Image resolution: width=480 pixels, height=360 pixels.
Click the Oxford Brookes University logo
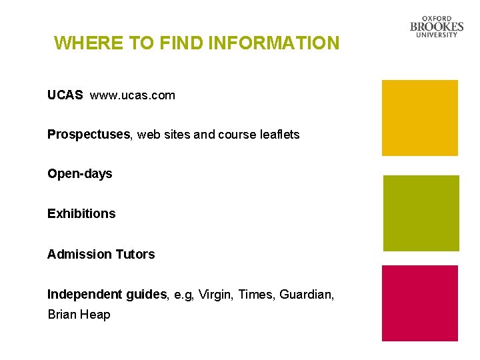coord(437,27)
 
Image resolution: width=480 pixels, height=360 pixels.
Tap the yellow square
coord(419,118)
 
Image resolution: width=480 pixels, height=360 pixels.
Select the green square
coord(421,213)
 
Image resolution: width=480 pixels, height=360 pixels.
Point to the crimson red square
coord(419,303)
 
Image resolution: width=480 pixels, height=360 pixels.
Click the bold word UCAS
coord(65,95)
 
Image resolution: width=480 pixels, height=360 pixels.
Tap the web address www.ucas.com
coord(133,95)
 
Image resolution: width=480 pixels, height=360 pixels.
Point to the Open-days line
coord(80,174)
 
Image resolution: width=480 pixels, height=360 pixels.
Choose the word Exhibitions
coord(81,214)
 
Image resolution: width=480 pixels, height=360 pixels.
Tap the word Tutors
coord(135,254)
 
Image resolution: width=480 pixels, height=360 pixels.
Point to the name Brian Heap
coord(79,314)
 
